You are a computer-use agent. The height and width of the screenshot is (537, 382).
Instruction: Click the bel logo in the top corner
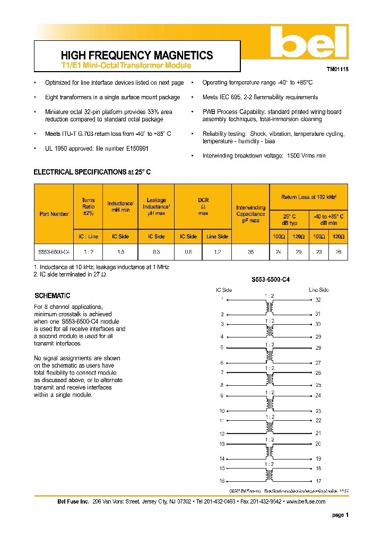[x=308, y=43]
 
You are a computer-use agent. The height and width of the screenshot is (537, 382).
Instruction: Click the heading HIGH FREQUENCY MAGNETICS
[x=137, y=55]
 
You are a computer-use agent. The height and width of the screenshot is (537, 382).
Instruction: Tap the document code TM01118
[x=337, y=69]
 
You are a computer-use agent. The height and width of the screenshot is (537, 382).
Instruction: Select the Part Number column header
[x=54, y=214]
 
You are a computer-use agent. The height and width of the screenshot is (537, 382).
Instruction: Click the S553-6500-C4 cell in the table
[x=54, y=252]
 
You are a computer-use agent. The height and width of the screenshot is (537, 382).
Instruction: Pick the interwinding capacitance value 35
[x=250, y=252]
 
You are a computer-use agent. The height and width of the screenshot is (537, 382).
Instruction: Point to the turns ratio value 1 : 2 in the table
[x=88, y=252]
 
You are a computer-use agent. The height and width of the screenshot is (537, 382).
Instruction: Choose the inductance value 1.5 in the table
[x=120, y=252]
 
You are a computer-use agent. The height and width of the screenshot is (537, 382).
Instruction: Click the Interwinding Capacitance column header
[x=250, y=214]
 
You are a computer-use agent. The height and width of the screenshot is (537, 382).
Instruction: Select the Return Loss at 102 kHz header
[x=309, y=197]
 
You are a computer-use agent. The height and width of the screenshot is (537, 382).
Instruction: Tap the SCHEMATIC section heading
[x=52, y=296]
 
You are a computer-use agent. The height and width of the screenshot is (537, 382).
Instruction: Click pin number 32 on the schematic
[x=318, y=300]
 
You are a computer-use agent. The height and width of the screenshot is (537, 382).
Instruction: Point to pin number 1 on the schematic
[x=222, y=300]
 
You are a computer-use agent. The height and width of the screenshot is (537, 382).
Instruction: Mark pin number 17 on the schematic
[x=318, y=481]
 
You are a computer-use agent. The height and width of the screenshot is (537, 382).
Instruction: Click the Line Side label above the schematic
[x=319, y=290]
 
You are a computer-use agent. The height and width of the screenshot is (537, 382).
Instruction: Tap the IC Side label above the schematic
[x=224, y=290]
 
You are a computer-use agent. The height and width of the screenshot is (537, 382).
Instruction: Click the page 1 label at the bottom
[x=340, y=515]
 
